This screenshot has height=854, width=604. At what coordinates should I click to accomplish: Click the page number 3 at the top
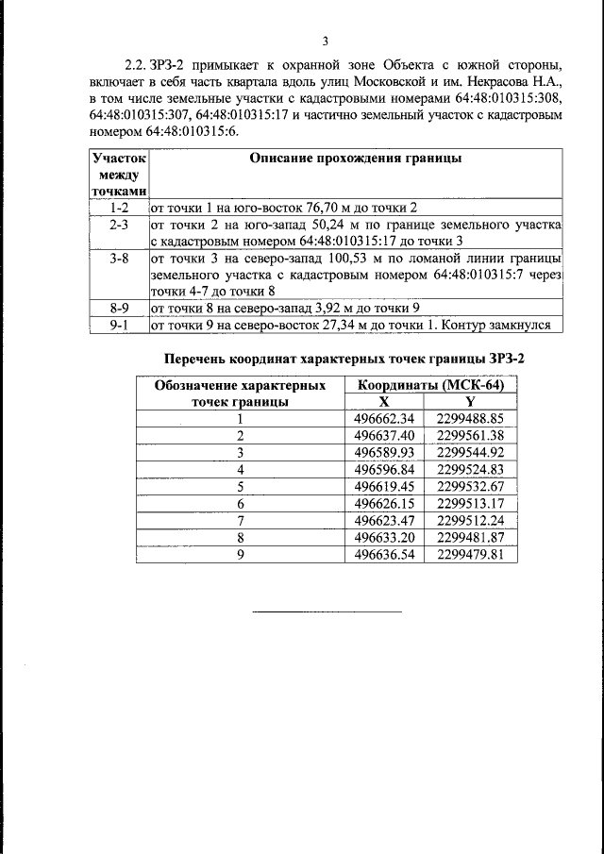pos(325,41)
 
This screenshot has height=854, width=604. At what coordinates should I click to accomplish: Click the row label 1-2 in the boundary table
pos(119,207)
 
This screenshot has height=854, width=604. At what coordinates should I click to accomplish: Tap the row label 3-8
pos(119,257)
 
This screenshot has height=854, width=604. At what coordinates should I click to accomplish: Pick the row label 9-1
pos(119,325)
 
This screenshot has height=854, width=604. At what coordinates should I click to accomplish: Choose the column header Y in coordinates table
pos(470,401)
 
